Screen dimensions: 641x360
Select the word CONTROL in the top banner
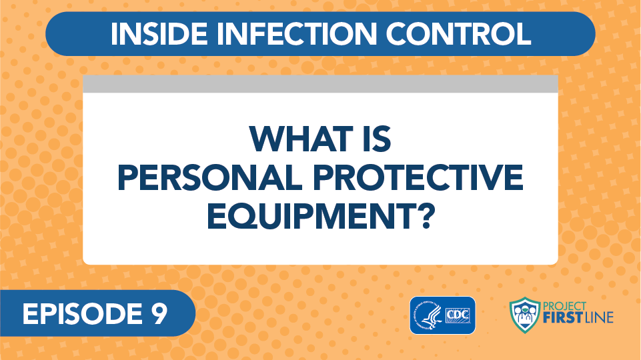pos(458,33)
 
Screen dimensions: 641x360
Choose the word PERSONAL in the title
pos(209,178)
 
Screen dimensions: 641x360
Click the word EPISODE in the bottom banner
pos(77,314)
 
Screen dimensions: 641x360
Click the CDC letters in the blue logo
pos(458,315)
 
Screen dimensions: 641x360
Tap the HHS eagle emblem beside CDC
pos(427,315)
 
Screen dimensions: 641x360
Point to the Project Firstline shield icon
pos(525,315)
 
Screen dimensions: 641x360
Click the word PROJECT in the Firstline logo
pos(564,307)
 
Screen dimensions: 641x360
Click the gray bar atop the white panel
pos(320,84)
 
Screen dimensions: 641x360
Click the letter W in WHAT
pos(267,139)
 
